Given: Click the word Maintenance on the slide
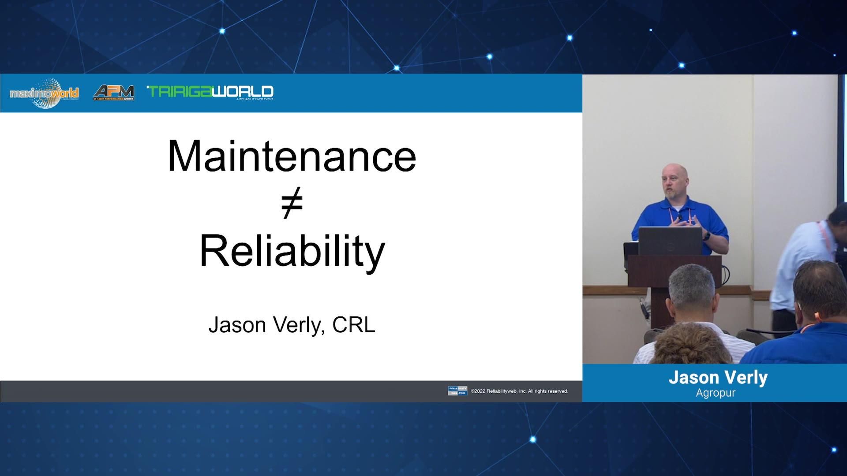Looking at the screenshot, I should pos(292,156).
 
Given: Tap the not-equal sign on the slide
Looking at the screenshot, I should pos(292,203).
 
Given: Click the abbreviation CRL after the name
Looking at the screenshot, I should pos(353,325).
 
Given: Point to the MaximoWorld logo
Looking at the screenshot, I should pos(44,93).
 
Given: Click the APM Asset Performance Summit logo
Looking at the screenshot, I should pos(114,93).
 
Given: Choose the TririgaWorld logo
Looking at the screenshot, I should pos(210,92).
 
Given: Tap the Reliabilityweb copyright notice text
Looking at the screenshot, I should pos(519,391).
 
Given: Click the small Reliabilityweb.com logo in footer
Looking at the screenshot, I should pos(457,391).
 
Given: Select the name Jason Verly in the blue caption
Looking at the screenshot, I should pos(718,378).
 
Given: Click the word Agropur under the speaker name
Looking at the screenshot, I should pos(716,393).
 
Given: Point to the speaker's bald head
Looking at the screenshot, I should pos(675,174).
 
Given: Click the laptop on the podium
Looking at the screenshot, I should pos(670,241).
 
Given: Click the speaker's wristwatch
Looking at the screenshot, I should pos(706,236).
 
